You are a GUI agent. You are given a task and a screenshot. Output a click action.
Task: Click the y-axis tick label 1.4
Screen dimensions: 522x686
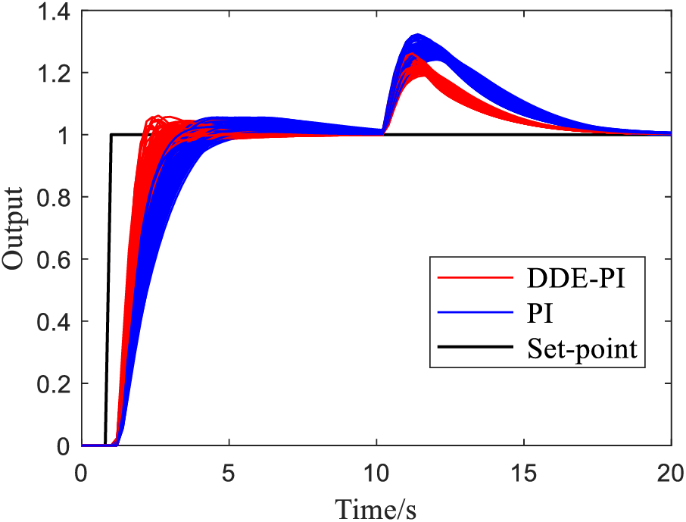52,11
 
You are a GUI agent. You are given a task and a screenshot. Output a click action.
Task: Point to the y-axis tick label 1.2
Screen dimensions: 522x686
52,73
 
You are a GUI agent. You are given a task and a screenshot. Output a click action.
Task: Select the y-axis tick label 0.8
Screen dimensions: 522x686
52,198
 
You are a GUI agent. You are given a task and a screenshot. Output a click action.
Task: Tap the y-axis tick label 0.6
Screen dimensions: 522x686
52,260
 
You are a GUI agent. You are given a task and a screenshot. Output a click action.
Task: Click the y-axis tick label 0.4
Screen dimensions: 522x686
52,322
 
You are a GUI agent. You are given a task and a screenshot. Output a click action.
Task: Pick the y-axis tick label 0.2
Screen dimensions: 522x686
52,384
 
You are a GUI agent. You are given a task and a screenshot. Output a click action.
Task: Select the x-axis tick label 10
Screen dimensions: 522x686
376,471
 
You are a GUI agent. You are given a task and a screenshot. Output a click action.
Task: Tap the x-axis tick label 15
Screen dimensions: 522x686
523,471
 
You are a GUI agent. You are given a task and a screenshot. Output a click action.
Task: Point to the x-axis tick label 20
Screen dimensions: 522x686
670,471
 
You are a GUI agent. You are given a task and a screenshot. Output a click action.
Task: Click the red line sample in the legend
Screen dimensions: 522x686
474,278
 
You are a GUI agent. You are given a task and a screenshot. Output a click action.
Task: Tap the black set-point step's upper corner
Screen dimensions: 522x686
111,135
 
